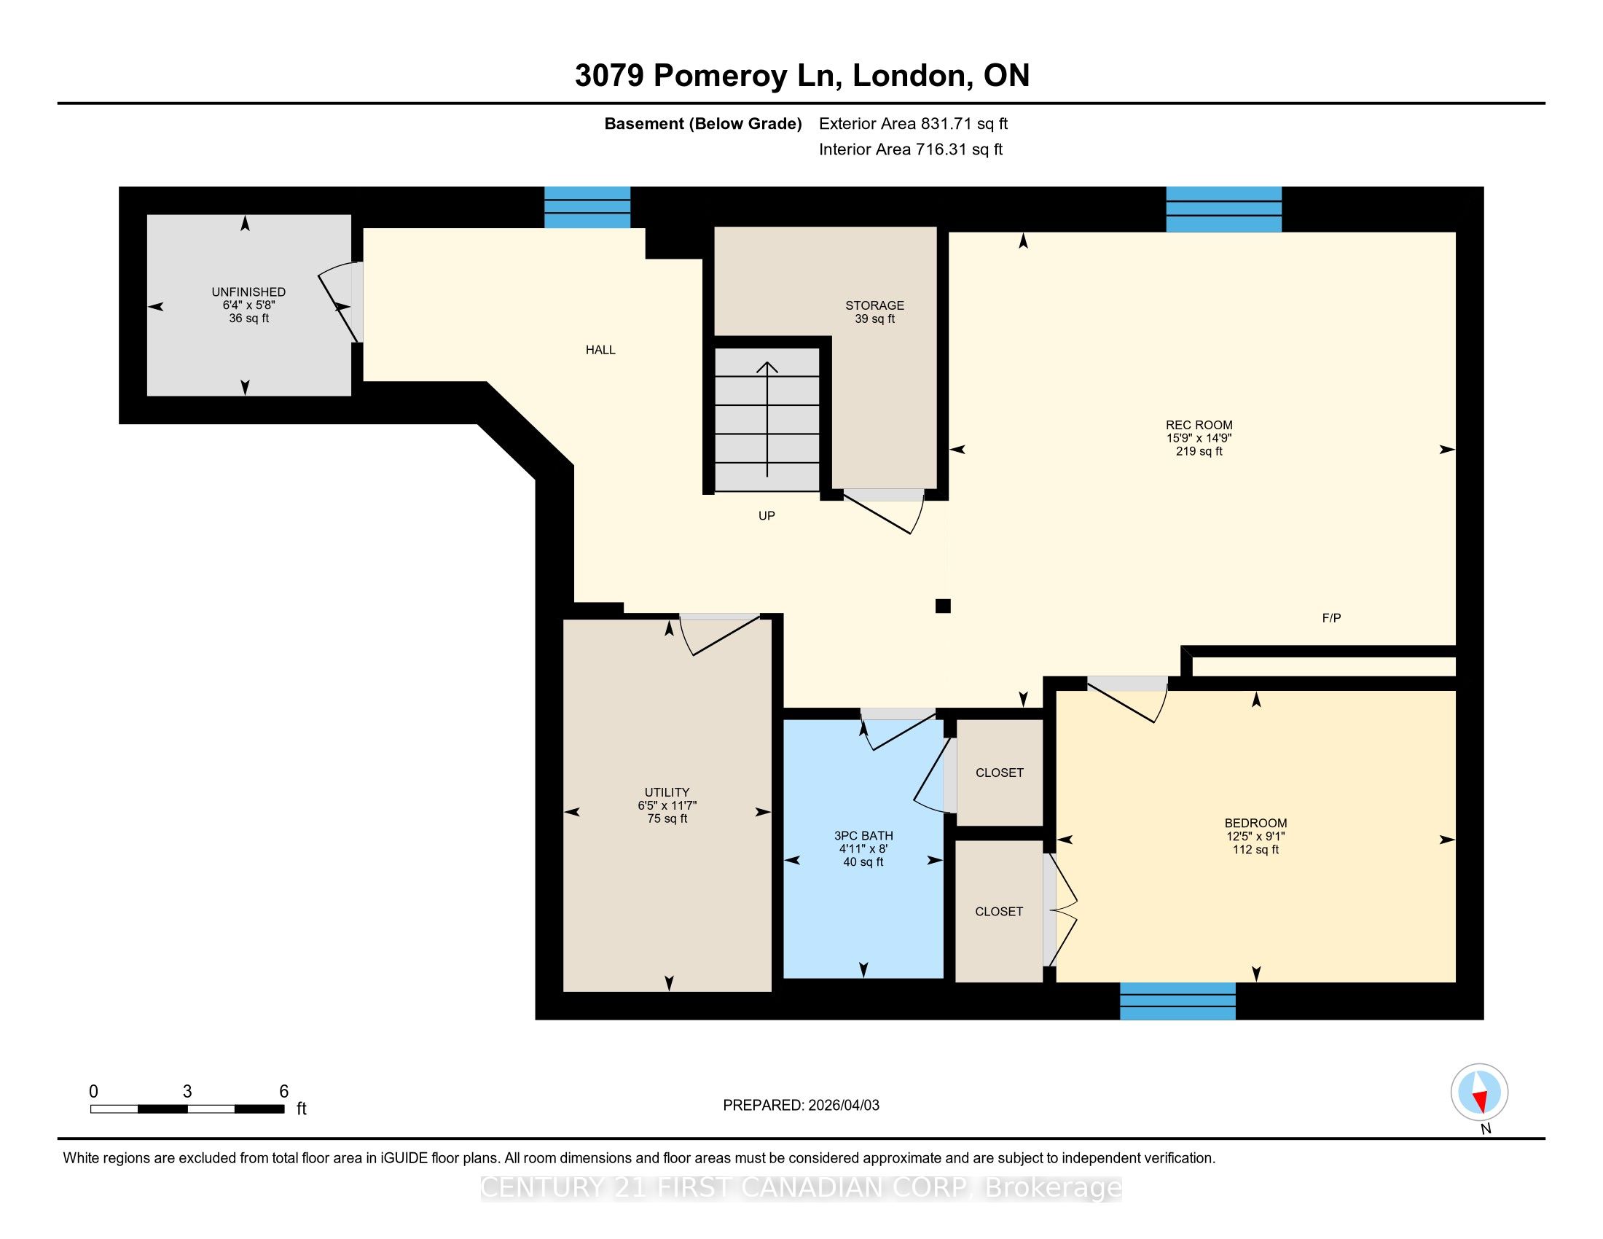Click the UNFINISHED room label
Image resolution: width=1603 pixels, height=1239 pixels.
tap(248, 292)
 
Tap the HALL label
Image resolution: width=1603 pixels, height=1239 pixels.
tap(600, 350)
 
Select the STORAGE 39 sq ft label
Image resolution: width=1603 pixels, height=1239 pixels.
tap(874, 312)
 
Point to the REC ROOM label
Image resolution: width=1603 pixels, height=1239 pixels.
tap(1199, 425)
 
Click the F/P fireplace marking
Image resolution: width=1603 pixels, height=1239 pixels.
tap(1331, 618)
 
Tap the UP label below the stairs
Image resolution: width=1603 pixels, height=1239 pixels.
tap(767, 516)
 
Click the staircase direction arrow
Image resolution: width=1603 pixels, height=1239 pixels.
tap(768, 419)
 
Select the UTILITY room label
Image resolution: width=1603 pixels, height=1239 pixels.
tap(667, 793)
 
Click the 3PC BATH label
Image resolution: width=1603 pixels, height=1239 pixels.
tap(863, 836)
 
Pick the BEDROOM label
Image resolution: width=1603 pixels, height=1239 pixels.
tap(1256, 824)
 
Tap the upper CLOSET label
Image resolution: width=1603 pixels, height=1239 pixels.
tap(999, 773)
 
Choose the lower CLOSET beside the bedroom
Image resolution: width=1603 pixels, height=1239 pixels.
tap(999, 912)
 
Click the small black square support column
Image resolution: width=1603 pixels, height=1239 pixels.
tap(943, 606)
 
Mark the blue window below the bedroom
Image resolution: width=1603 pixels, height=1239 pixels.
tap(1177, 1001)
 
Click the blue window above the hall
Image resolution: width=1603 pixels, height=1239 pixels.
tap(587, 207)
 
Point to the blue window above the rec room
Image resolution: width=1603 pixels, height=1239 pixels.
tap(1223, 209)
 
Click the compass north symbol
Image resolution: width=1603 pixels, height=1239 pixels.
tap(1480, 1093)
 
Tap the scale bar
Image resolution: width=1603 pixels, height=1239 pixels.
tap(187, 1109)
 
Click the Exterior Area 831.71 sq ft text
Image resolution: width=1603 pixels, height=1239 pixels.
tap(913, 124)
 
